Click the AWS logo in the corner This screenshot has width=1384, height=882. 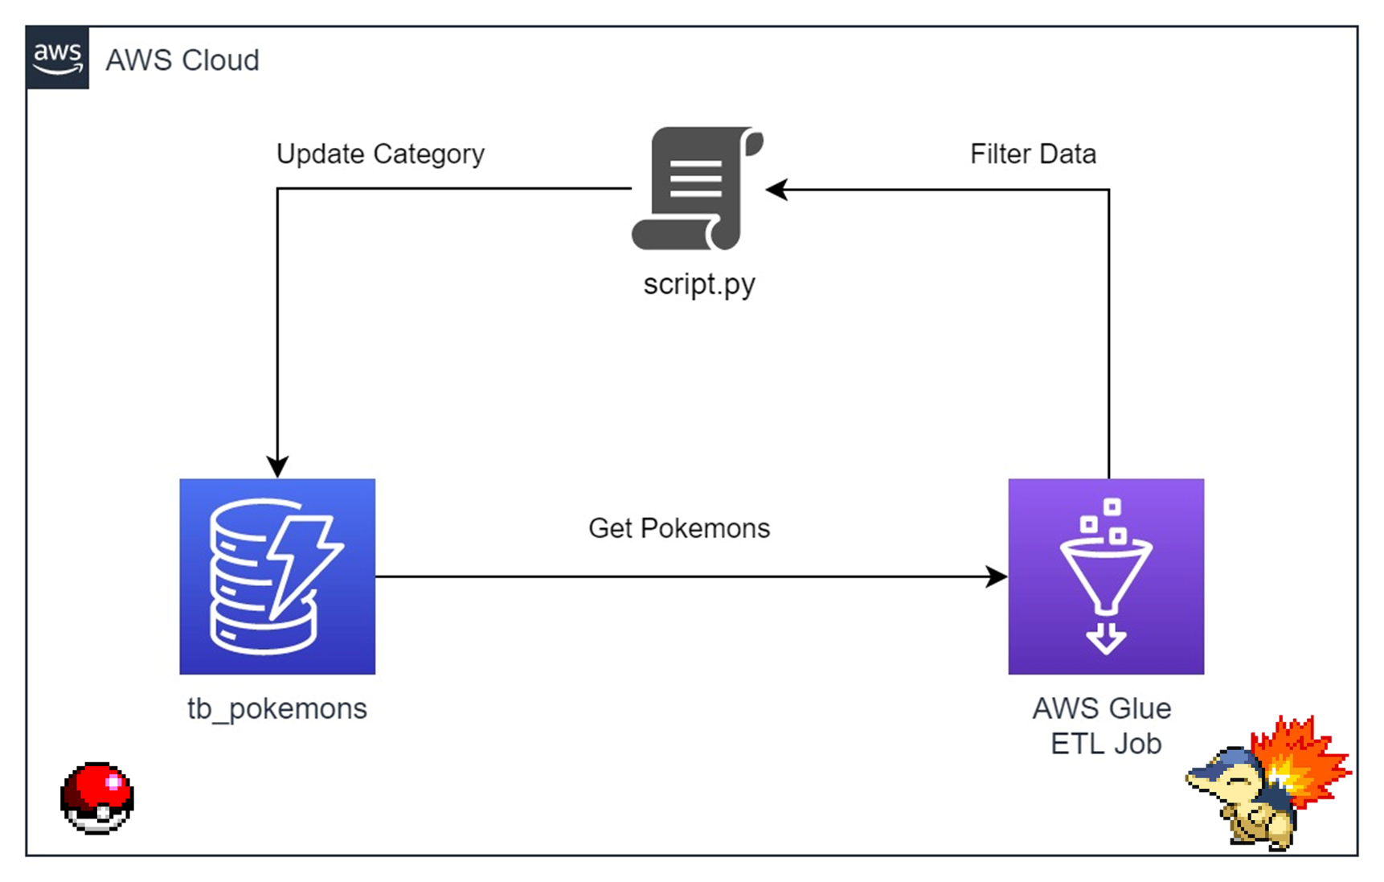coord(57,58)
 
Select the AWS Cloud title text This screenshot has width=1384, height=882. coord(182,60)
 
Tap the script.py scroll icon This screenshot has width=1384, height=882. coord(697,189)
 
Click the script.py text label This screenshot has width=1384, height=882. coord(699,285)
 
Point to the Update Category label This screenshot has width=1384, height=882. coord(380,154)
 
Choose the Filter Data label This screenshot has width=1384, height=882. coord(1033,154)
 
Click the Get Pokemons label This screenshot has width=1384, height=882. coord(679,528)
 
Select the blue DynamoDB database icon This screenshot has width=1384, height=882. coord(277,576)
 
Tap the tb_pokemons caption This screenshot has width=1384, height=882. coord(277,709)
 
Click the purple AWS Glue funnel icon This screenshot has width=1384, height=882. coord(1106,576)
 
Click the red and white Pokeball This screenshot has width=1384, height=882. coord(97,798)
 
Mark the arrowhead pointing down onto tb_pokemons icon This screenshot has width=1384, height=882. coord(277,467)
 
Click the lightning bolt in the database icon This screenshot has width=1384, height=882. coord(304,563)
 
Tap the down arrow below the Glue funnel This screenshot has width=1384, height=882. coord(1106,638)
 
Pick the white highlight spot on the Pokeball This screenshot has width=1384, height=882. coord(113,781)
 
